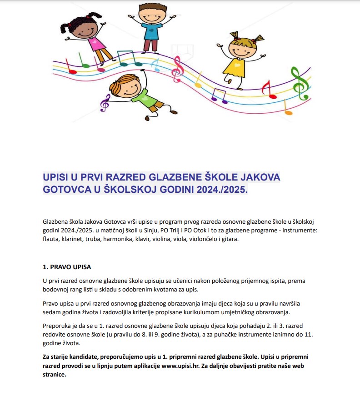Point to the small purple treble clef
pos(105,103)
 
